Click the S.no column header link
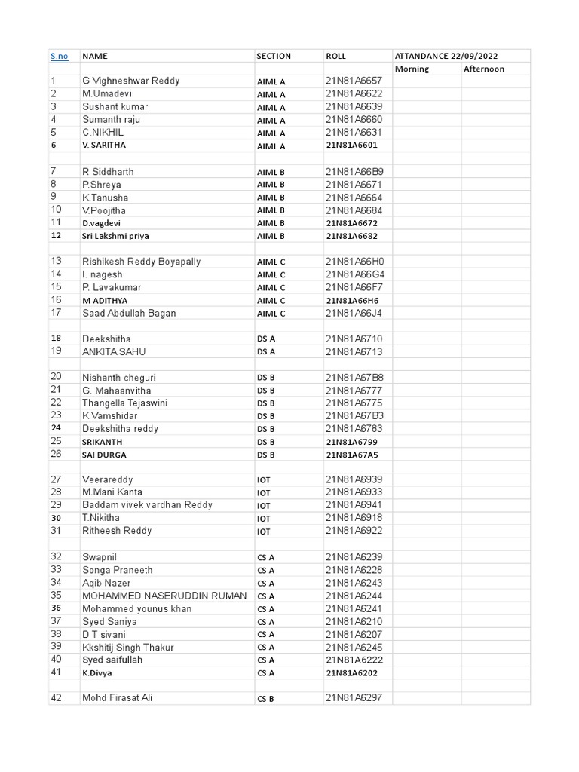(59, 56)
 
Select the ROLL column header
(335, 56)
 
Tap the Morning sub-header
(412, 69)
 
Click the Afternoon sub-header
(483, 69)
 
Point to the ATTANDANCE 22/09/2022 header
(446, 56)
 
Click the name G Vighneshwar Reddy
(130, 81)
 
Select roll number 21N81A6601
(351, 145)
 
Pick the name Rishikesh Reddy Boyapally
(141, 262)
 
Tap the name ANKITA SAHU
(114, 351)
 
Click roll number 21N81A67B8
(354, 377)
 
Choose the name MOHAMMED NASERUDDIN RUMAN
(164, 596)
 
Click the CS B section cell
(265, 699)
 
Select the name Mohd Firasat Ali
(117, 698)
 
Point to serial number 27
(56, 479)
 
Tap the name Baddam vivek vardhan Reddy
(147, 505)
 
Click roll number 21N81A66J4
(354, 313)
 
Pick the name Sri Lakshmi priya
(115, 236)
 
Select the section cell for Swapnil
(265, 557)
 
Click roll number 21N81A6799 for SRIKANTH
(351, 442)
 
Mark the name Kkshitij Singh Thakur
(127, 647)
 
